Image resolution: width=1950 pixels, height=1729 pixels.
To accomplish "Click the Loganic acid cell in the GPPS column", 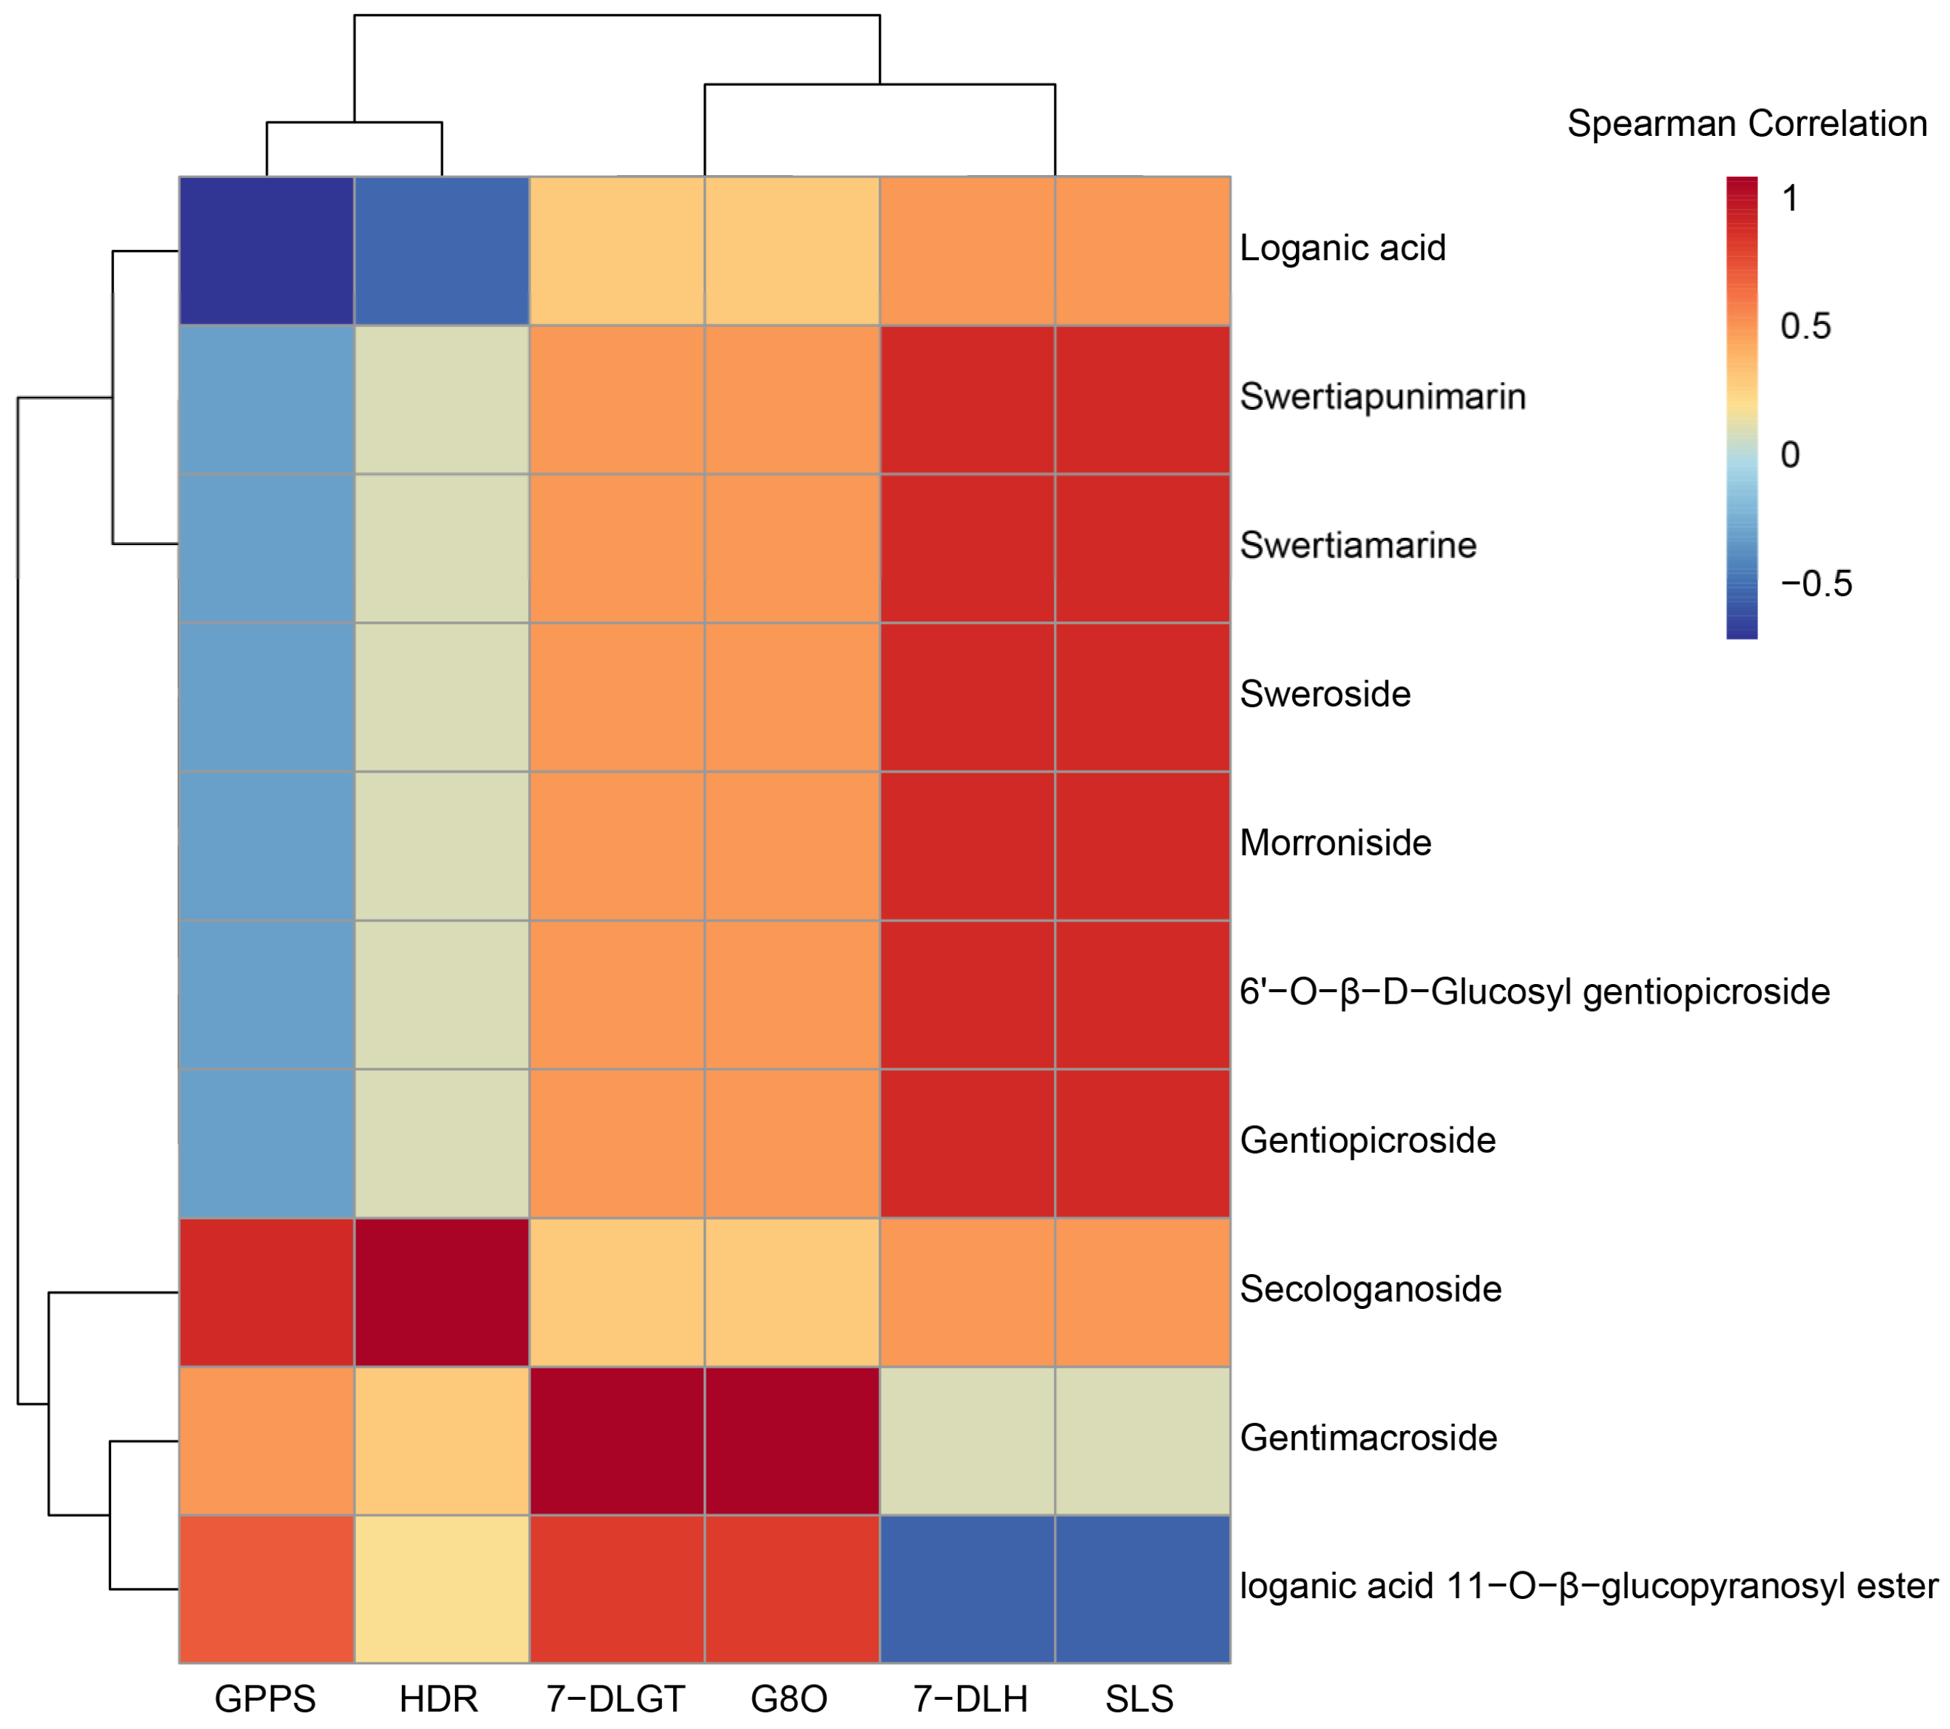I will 266,251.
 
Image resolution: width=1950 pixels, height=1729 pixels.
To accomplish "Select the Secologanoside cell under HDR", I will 442,1292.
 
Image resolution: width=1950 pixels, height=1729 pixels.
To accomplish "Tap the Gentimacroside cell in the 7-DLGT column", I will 617,1440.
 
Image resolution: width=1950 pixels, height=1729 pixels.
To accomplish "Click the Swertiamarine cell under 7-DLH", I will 967,549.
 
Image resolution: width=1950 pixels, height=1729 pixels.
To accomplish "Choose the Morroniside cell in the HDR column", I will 442,845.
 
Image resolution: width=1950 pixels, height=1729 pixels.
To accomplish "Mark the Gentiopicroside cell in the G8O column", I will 791,1143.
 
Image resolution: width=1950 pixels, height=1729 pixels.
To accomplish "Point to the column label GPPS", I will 265,1699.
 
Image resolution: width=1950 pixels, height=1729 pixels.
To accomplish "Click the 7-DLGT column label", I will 616,1699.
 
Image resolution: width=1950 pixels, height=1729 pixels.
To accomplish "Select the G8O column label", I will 789,1699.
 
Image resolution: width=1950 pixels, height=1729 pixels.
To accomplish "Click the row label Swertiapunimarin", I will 1382,397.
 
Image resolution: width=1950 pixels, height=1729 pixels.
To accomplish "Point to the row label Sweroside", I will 1325,695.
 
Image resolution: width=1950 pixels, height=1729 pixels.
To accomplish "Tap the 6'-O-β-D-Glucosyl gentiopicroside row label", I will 1534,992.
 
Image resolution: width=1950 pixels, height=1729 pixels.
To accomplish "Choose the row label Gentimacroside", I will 1368,1438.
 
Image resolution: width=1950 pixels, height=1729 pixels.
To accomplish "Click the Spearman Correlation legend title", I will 1746,124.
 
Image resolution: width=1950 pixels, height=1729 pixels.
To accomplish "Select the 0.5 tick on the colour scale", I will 1805,326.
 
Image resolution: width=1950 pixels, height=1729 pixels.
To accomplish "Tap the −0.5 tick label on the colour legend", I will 1816,584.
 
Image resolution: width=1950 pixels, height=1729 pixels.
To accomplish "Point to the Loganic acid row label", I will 1342,248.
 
